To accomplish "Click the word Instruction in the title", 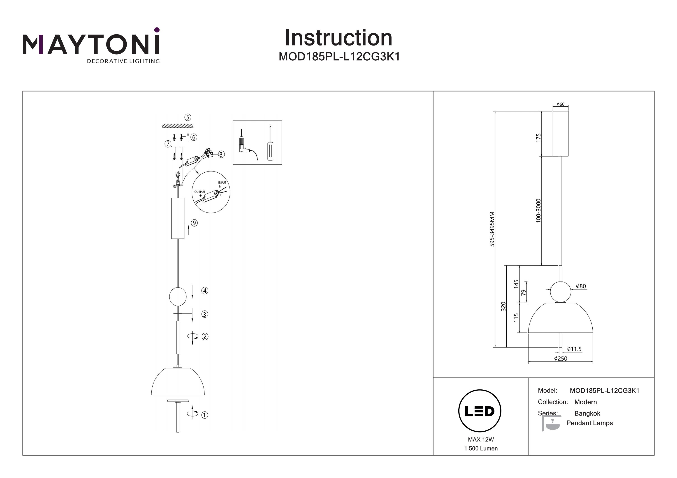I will [x=338, y=38].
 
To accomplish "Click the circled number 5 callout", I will [x=188, y=117].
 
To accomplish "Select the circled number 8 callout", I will [x=221, y=154].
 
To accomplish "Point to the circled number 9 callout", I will [x=194, y=223].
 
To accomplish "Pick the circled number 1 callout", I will [x=205, y=415].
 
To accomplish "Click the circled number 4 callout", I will [x=205, y=291].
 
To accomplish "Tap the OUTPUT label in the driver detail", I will [x=200, y=192].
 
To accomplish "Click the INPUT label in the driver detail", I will [x=222, y=183].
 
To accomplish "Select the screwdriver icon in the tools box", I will [x=270, y=144].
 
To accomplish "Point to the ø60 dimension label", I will [x=561, y=104].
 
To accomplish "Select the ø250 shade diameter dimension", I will [x=561, y=358].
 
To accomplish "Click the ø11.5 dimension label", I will [x=574, y=349].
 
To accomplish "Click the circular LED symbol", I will [x=480, y=411].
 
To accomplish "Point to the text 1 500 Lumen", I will [x=481, y=448].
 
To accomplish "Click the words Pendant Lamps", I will [x=589, y=423].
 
